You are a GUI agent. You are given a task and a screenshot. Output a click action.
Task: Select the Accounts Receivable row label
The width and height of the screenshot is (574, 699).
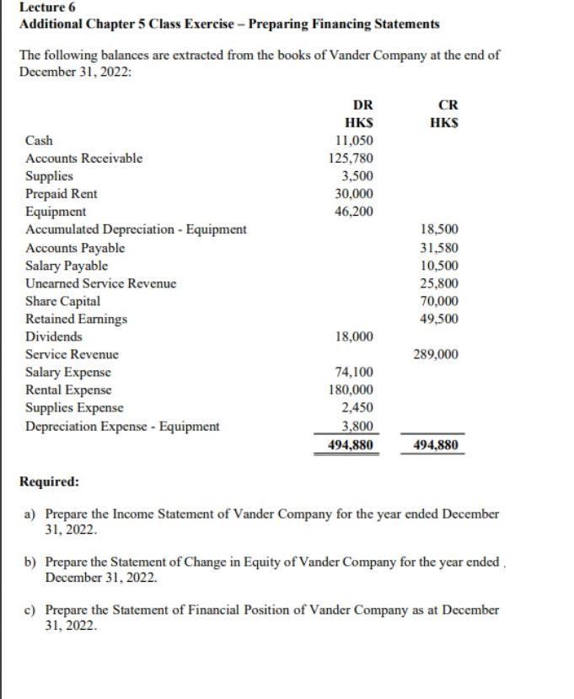click(84, 159)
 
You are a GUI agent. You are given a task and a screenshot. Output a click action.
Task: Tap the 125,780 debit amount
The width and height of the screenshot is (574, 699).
click(351, 159)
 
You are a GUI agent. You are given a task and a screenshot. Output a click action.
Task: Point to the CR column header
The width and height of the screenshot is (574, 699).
click(448, 105)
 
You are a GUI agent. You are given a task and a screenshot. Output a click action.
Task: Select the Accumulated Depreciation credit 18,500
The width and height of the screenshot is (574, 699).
click(438, 229)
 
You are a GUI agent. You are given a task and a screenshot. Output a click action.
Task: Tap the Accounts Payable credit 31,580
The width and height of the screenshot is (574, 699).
click(438, 248)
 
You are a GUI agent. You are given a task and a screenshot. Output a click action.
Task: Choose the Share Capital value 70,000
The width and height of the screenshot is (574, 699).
click(438, 301)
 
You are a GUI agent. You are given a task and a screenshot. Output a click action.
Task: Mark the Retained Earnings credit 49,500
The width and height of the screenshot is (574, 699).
click(438, 319)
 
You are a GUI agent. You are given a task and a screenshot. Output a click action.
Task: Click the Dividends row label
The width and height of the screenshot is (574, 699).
click(54, 336)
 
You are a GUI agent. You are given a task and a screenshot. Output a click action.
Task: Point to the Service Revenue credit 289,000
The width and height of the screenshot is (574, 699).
click(436, 355)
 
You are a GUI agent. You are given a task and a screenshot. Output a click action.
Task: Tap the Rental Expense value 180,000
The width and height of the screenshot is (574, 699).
click(351, 390)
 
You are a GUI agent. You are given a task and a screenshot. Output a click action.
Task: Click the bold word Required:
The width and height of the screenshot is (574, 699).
click(50, 482)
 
